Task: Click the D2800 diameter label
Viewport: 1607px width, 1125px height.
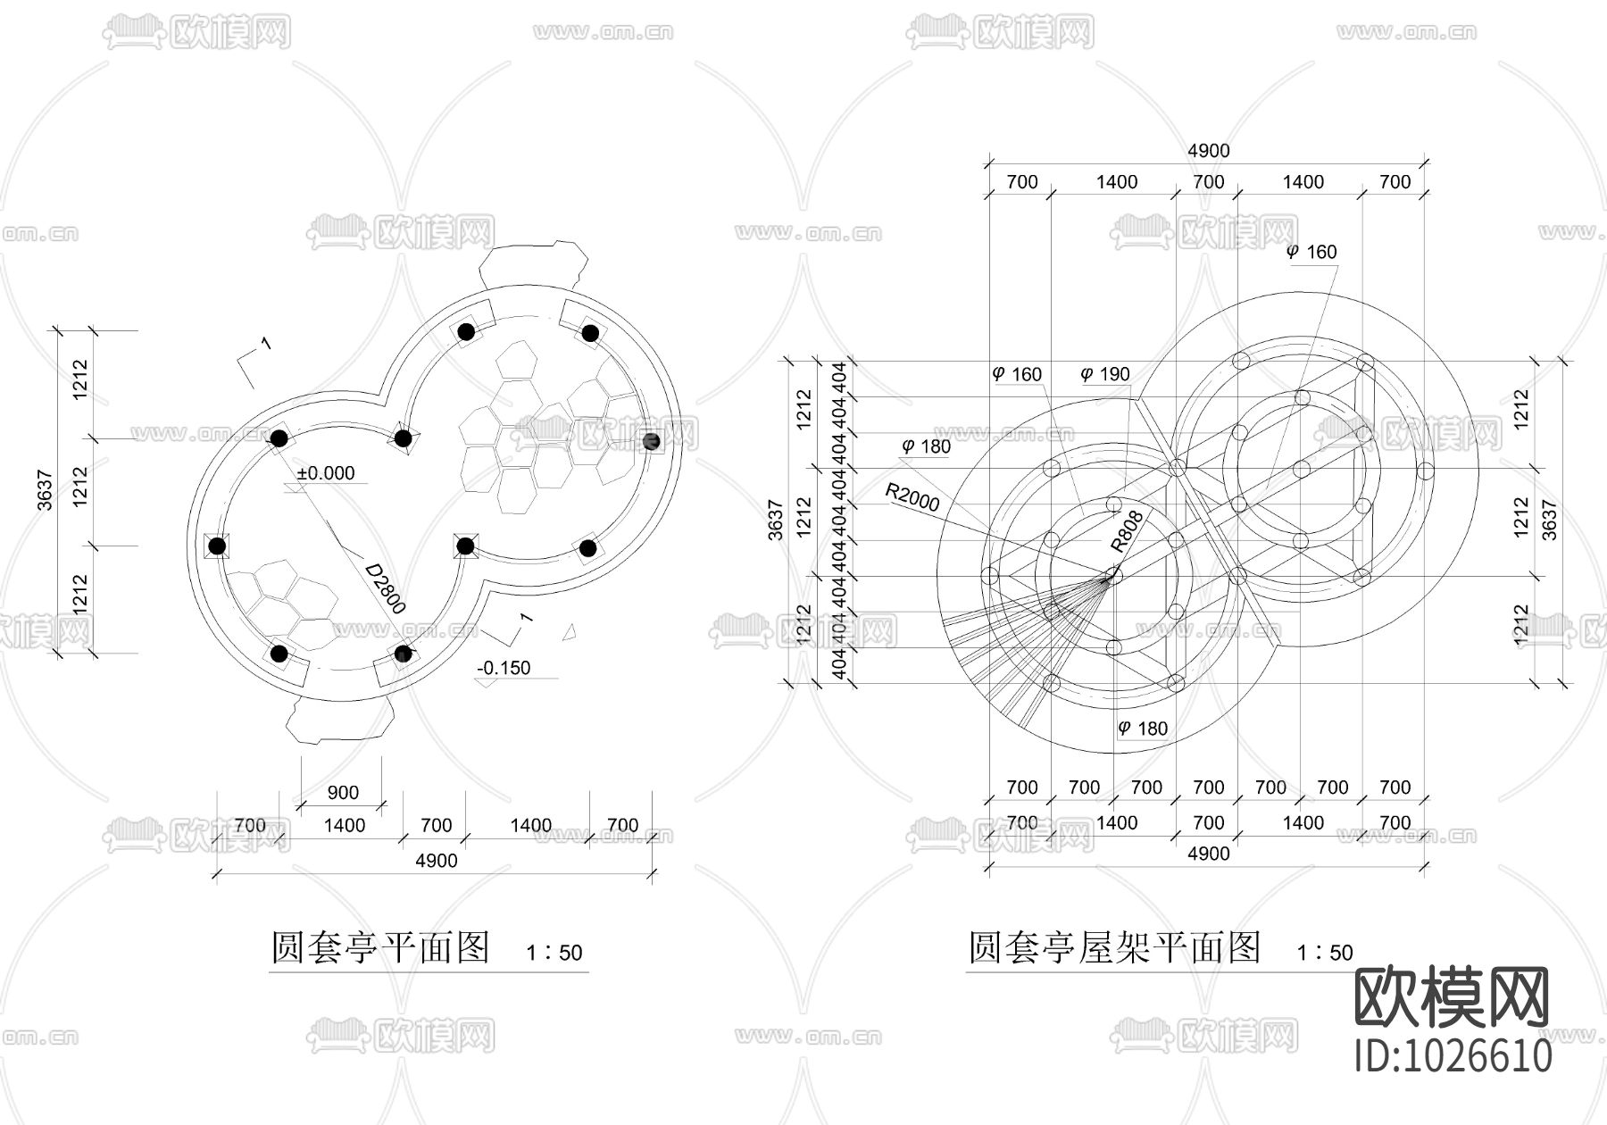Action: point(386,587)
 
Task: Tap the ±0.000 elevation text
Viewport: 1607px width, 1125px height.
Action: point(326,473)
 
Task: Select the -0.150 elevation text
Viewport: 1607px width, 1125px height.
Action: point(504,668)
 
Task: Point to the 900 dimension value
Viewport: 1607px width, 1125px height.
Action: point(343,792)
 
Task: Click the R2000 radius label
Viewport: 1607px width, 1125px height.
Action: point(912,497)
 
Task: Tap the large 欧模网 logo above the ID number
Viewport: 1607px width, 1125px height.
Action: point(1452,996)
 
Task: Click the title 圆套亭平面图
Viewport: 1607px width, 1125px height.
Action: point(380,947)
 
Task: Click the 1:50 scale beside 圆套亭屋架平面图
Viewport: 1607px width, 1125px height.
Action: point(1325,954)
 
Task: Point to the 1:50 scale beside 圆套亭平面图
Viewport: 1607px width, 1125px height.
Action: point(554,954)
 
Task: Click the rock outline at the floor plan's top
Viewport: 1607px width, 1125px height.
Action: point(533,262)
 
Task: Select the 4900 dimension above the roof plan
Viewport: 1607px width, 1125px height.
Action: point(1208,151)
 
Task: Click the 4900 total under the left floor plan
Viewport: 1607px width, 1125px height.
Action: point(436,861)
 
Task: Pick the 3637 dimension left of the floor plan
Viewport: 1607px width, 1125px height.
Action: point(46,490)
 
